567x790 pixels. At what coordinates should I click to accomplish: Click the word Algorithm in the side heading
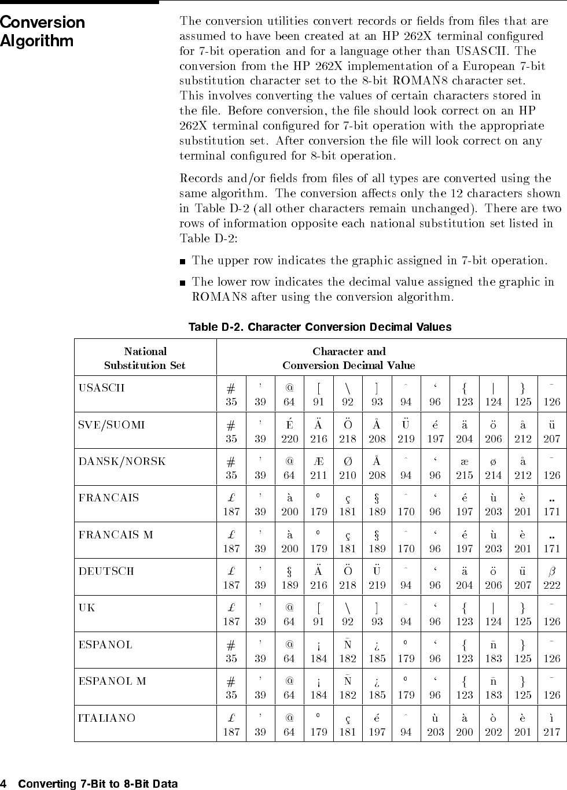[x=37, y=41]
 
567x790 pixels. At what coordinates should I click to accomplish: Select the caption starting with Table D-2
[x=320, y=327]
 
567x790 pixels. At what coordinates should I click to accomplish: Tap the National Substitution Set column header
[x=145, y=358]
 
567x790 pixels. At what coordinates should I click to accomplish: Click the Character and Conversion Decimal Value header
[x=349, y=358]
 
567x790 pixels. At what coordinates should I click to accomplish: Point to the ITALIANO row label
[x=107, y=718]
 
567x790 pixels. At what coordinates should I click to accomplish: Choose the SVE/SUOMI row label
[x=112, y=424]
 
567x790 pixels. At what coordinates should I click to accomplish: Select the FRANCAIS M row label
[x=116, y=534]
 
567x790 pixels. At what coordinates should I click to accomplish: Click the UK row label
[x=87, y=608]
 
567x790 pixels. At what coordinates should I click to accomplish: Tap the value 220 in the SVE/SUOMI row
[x=290, y=439]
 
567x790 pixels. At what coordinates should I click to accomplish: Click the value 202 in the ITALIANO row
[x=494, y=732]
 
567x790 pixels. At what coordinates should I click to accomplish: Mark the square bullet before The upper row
[x=183, y=261]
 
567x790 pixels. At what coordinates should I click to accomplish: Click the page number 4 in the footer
[x=3, y=784]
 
